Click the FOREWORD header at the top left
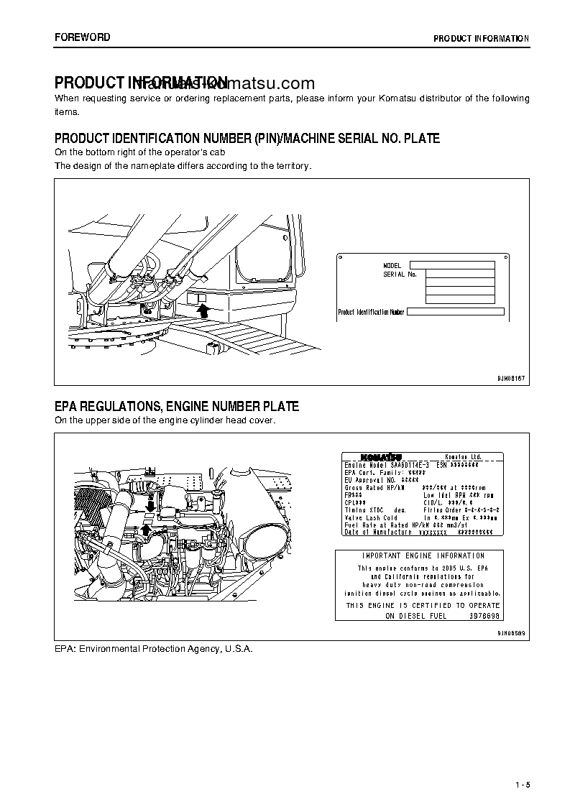pos(83,37)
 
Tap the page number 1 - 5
pos(522,785)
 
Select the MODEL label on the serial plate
pos(392,266)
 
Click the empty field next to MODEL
pos(452,265)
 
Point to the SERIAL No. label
pos(400,275)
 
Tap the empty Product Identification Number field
pos(456,312)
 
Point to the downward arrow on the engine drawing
pos(150,507)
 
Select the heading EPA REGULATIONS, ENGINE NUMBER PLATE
pos(177,407)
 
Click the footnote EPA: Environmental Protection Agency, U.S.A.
pos(154,648)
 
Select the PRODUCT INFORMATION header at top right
pos(481,39)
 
